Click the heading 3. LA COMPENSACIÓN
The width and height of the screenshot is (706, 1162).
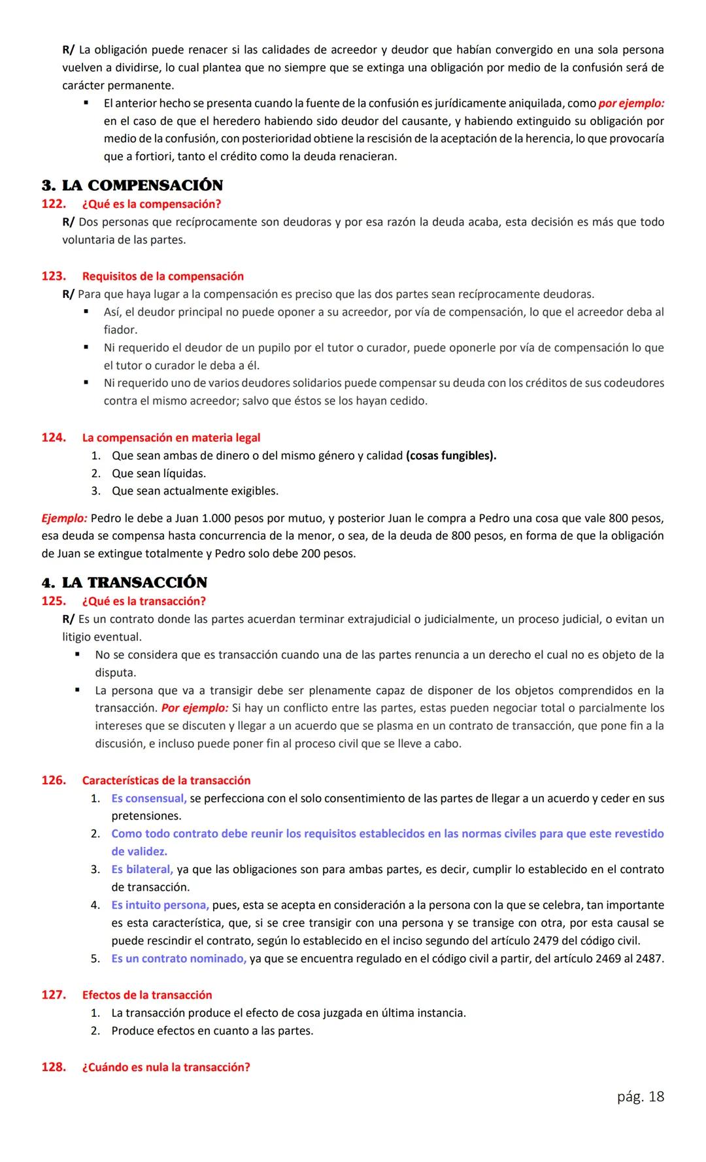[132, 186]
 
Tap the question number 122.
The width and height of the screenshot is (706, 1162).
[53, 204]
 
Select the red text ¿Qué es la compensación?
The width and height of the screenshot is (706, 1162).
[152, 204]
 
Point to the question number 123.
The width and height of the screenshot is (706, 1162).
[53, 276]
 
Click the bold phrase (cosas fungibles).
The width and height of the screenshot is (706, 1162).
[450, 456]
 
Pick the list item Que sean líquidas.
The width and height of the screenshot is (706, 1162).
[159, 473]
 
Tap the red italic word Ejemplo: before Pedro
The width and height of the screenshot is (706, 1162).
[64, 518]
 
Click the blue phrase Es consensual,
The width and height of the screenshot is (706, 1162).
[148, 798]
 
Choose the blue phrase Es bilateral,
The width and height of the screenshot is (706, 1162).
[142, 869]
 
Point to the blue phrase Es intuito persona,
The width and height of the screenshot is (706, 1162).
[160, 905]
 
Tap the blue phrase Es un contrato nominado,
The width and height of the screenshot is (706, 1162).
[178, 959]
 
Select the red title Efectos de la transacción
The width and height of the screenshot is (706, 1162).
[147, 995]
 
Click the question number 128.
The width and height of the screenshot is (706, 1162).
[53, 1067]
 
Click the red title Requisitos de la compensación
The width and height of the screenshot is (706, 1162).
[163, 276]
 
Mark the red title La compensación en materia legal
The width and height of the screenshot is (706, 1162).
[171, 437]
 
